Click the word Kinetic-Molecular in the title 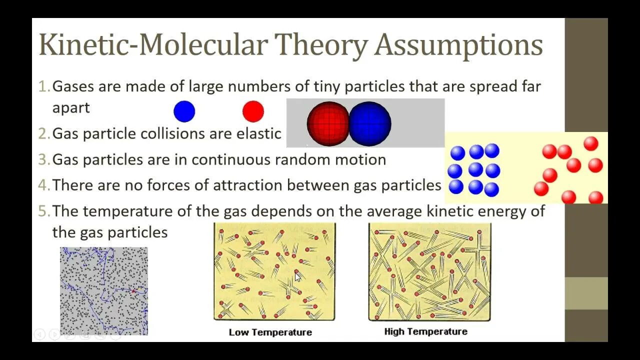pos(153,45)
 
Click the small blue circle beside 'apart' pos(184,111)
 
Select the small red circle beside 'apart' pos(253,111)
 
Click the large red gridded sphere pos(328,123)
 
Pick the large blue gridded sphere pos(370,123)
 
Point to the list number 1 pos(44,86)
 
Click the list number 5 pos(44,211)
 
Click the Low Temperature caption pos(270,332)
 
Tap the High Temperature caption pos(425,331)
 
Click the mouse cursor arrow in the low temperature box pos(297,276)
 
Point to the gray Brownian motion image pos(104,290)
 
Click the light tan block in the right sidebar pos(586,293)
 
